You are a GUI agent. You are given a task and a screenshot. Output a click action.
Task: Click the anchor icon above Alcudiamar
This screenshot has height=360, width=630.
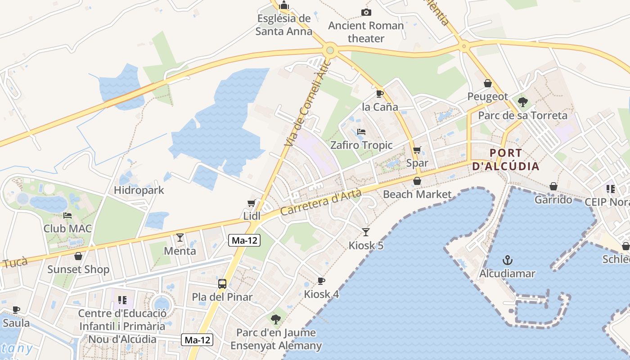pyautogui.click(x=508, y=260)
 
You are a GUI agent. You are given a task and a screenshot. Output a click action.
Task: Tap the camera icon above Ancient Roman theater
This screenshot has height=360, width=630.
pyautogui.click(x=366, y=12)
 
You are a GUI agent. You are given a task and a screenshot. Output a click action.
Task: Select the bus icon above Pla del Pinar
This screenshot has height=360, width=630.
pyautogui.click(x=222, y=284)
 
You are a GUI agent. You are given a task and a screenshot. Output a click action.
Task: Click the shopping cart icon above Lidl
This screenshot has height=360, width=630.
pyautogui.click(x=252, y=203)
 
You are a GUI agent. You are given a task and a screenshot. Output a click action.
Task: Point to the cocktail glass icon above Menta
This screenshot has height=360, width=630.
pyautogui.click(x=180, y=237)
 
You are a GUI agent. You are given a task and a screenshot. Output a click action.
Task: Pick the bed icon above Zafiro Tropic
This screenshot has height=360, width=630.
pyautogui.click(x=361, y=132)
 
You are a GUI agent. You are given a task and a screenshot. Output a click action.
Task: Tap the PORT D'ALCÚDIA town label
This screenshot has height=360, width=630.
pyautogui.click(x=506, y=159)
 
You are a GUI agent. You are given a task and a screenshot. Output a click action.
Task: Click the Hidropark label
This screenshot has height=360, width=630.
pyautogui.click(x=139, y=190)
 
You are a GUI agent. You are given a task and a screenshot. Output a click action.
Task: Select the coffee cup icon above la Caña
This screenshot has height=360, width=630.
pyautogui.click(x=380, y=94)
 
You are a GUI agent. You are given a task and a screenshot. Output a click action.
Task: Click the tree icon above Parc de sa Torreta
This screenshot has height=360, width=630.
pyautogui.click(x=522, y=102)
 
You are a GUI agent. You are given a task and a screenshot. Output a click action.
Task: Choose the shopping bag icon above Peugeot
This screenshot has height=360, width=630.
pyautogui.click(x=487, y=83)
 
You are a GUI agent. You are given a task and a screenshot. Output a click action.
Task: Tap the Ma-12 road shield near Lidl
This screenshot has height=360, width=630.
pyautogui.click(x=244, y=240)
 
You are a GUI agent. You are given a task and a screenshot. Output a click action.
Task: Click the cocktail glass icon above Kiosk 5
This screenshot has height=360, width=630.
pyautogui.click(x=366, y=232)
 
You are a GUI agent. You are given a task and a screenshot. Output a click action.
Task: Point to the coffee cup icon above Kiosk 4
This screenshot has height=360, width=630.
pyautogui.click(x=321, y=281)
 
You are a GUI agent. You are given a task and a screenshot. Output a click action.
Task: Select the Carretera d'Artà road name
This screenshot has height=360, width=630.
pyautogui.click(x=321, y=202)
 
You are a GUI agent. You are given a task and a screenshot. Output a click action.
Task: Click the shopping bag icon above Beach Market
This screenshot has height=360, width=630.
pyautogui.click(x=417, y=181)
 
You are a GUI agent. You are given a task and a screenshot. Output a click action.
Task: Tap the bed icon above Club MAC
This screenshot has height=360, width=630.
pyautogui.click(x=67, y=215)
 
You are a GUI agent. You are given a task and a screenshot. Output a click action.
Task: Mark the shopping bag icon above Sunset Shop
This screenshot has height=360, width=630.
pyautogui.click(x=78, y=256)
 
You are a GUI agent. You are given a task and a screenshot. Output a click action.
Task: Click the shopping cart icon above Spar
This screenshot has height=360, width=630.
pyautogui.click(x=417, y=150)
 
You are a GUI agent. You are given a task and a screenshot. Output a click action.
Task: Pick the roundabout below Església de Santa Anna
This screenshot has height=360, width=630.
pyautogui.click(x=330, y=49)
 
